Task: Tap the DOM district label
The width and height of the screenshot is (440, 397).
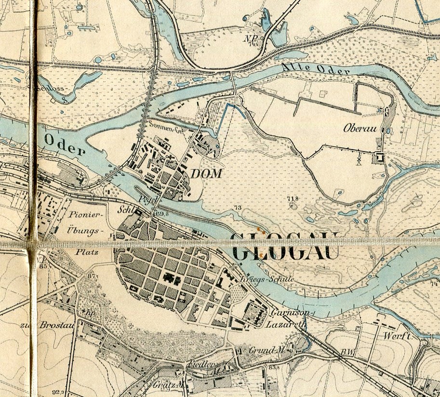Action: (x=206, y=174)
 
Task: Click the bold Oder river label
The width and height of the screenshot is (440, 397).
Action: (x=65, y=144)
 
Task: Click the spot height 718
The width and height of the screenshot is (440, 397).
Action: (x=292, y=199)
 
